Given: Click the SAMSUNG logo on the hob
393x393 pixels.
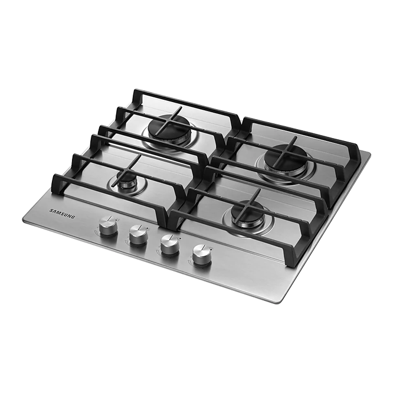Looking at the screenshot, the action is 62,214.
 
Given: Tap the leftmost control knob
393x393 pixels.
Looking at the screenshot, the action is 108,226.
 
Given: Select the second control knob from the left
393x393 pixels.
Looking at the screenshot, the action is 138,235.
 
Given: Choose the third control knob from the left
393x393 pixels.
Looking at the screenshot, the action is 169,244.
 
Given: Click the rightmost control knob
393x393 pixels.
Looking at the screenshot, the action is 202,255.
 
